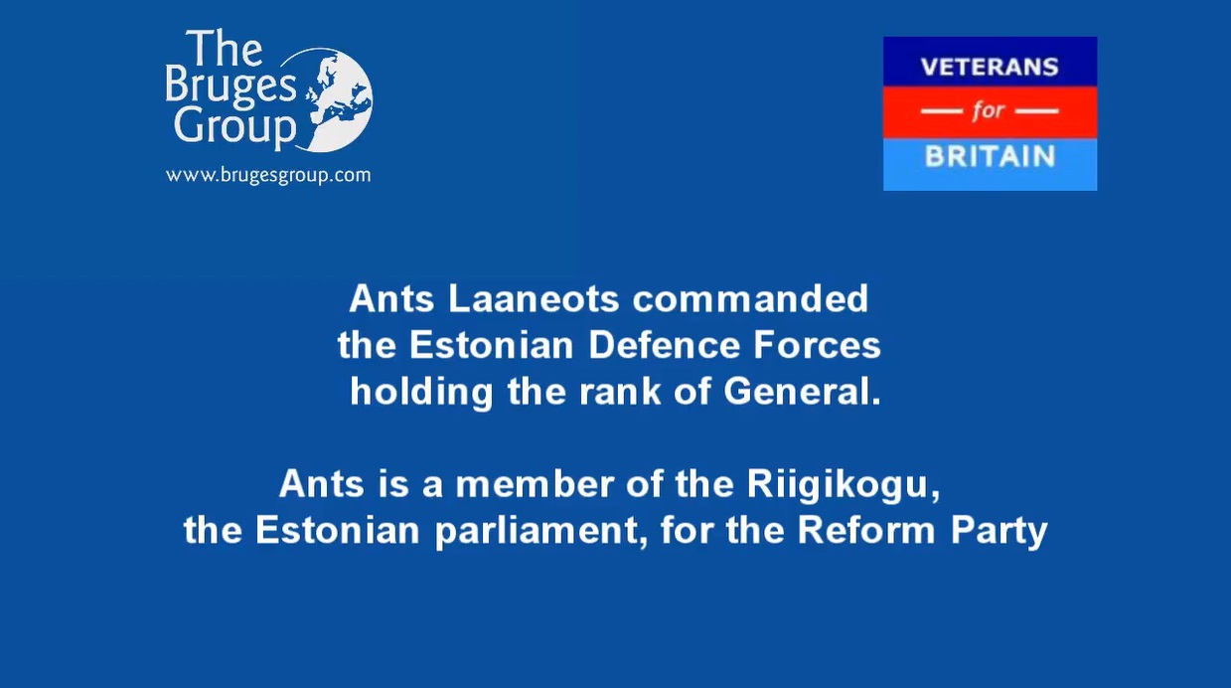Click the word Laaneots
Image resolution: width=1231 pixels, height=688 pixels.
[x=534, y=299]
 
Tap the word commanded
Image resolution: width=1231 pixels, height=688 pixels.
[x=750, y=299]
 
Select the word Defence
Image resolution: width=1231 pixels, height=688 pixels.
[x=664, y=345]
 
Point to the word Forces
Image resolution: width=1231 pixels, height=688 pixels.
[x=817, y=345]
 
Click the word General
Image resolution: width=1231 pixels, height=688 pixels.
[x=802, y=392]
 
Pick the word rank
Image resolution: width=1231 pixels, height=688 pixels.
[x=620, y=392]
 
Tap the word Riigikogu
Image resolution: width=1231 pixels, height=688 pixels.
[x=843, y=485]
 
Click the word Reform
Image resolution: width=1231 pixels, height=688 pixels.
[x=866, y=530]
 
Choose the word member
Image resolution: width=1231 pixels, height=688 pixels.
[x=535, y=484]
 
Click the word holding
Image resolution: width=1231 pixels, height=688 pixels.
[x=421, y=393]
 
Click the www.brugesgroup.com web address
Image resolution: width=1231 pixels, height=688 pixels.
[x=268, y=175]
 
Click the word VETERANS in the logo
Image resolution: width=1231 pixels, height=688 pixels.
[x=990, y=67]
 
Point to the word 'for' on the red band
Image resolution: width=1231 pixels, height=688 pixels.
[x=989, y=111]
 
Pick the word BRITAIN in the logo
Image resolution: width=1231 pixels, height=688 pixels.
[x=990, y=156]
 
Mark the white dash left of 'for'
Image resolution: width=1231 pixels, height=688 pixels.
[x=942, y=111]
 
